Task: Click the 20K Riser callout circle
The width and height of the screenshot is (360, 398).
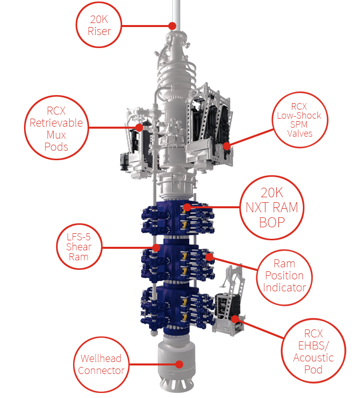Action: point(99,3)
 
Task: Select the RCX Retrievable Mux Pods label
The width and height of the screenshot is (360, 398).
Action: point(57,129)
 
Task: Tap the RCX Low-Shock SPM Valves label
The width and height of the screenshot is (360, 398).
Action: point(299,120)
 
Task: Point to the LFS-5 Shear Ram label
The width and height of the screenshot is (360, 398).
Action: point(79,247)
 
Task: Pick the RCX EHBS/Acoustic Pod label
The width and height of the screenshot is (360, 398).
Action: point(313,351)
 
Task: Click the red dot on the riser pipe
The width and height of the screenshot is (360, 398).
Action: point(172,26)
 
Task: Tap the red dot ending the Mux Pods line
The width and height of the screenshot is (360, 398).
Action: point(139,128)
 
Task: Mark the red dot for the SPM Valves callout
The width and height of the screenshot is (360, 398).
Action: point(226,146)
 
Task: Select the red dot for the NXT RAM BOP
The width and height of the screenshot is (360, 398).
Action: point(187,207)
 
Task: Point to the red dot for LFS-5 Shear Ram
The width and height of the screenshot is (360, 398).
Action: point(156,248)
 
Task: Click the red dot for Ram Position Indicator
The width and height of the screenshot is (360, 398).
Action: point(209,257)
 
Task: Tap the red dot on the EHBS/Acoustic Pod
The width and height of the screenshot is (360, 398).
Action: point(235,319)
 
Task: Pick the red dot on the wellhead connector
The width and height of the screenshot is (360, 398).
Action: point(179,364)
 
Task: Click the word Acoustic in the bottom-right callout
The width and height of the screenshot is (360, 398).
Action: point(313,357)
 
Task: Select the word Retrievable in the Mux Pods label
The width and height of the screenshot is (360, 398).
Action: point(57,123)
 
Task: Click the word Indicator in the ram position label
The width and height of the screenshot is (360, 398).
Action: point(284,287)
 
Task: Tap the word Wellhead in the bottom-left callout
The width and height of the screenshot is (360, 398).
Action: point(101,358)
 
